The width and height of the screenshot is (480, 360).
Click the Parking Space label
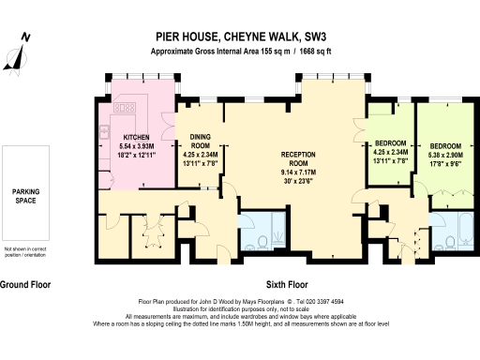tap(25, 194)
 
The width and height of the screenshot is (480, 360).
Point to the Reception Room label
tap(300, 157)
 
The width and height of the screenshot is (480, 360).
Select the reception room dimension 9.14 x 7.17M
tap(300, 172)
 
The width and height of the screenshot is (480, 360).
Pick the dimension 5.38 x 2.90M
tap(446, 156)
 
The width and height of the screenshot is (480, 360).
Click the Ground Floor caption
tap(25, 283)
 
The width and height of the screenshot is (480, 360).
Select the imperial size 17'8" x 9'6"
tap(446, 164)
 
